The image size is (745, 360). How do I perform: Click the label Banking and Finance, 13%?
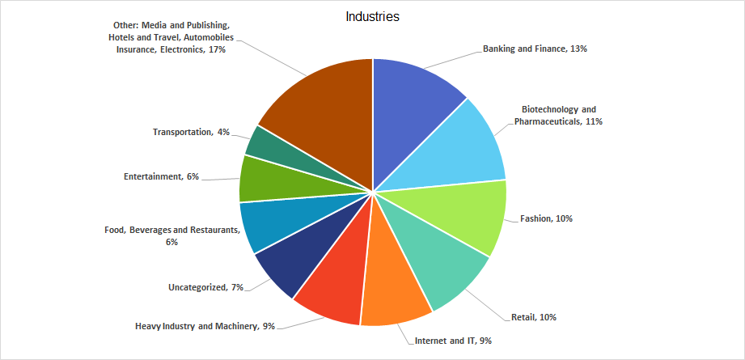pos(535,49)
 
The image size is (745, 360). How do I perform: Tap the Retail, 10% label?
pos(534,316)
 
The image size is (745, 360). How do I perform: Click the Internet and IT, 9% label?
pos(453,341)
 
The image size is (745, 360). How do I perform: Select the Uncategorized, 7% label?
pos(205,287)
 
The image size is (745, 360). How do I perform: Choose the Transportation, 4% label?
pos(192,132)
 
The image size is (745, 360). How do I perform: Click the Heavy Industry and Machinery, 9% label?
pos(205,326)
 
